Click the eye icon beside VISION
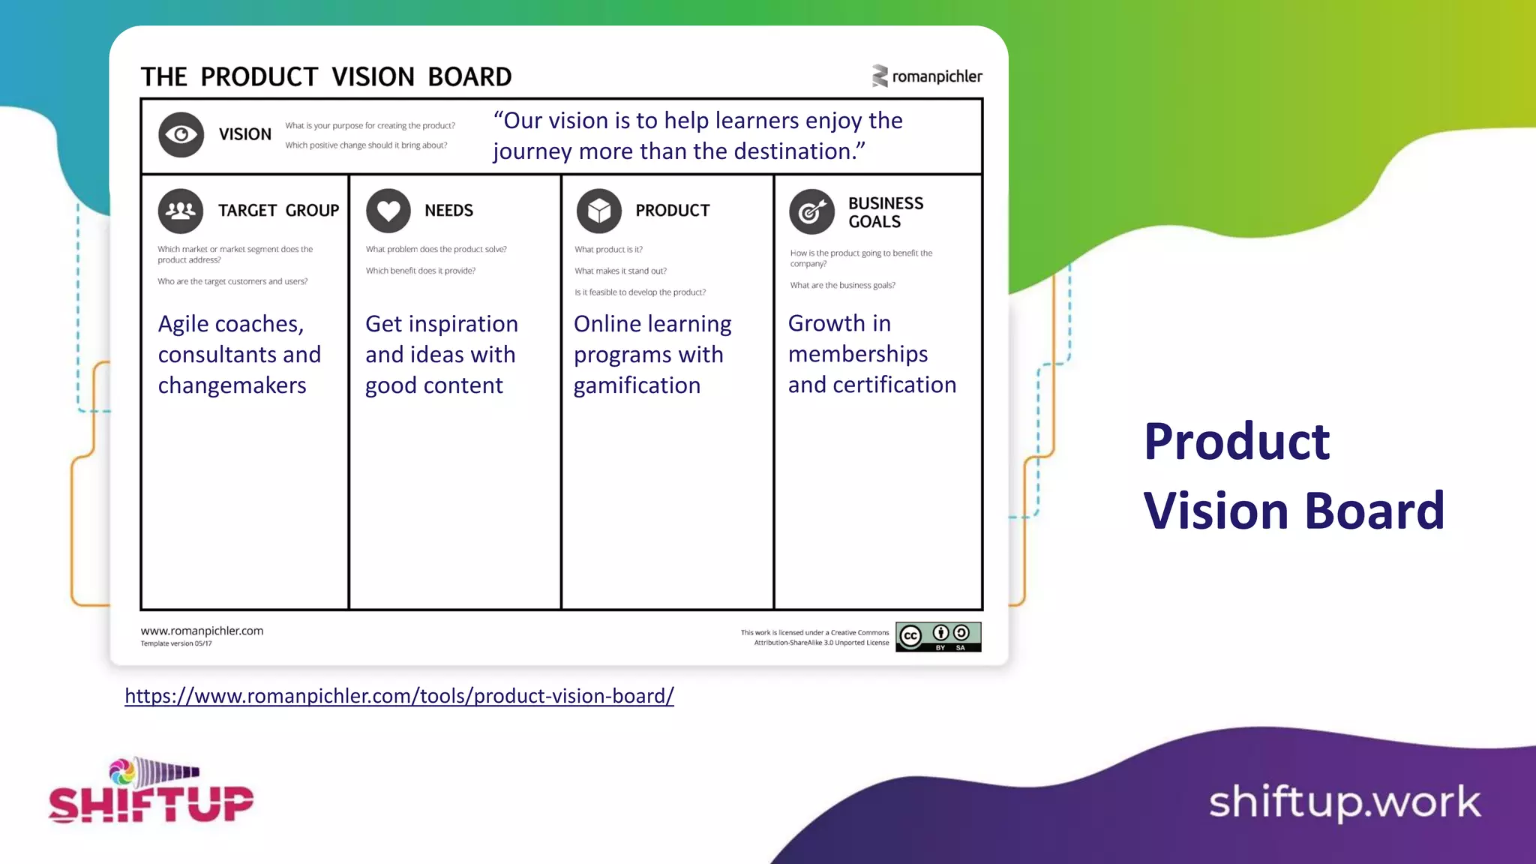tap(181, 134)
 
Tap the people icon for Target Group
tap(181, 211)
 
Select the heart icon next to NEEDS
tap(388, 211)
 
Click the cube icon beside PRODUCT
tap(598, 211)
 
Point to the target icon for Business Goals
tap(811, 212)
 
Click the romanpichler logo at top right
tap(927, 76)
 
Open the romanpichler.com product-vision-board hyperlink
tap(399, 696)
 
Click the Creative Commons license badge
tap(938, 637)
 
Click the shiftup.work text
tap(1345, 802)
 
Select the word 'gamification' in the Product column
tap(637, 385)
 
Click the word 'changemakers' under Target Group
tap(232, 385)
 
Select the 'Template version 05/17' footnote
tap(176, 643)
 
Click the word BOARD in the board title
tap(469, 76)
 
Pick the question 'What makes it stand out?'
tap(620, 271)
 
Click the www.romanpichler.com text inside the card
tap(202, 631)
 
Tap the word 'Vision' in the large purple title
tap(1216, 511)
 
